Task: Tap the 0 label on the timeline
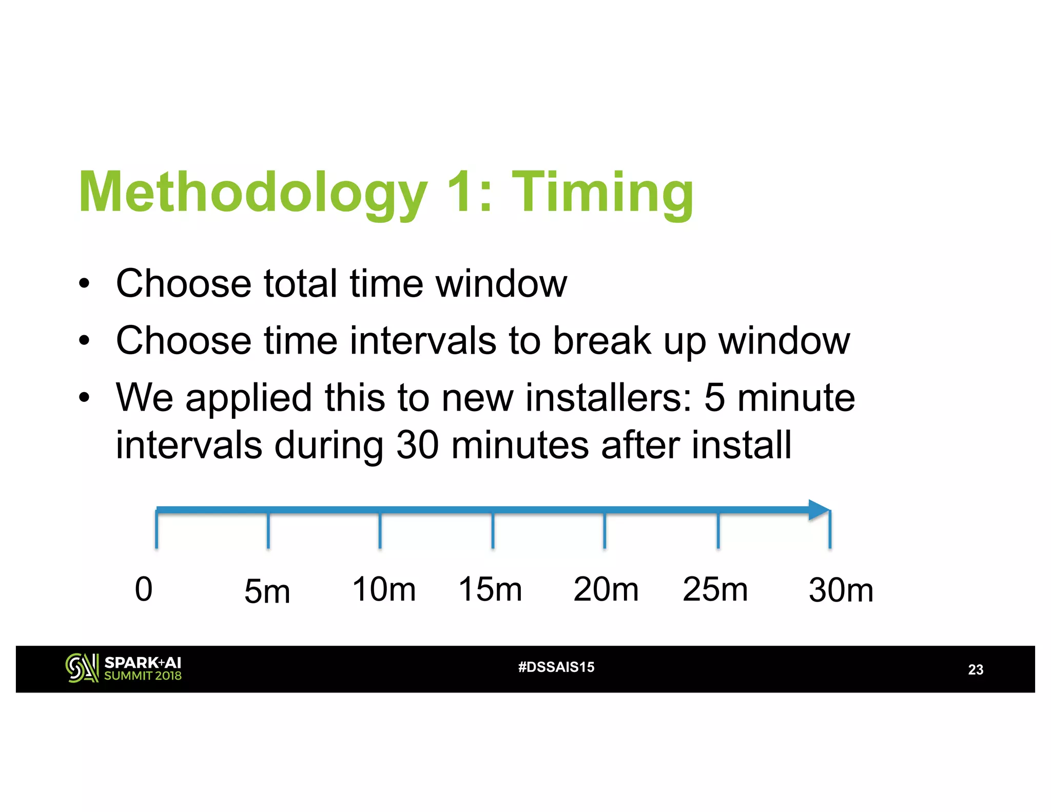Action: (x=144, y=589)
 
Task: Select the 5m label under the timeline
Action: (x=267, y=591)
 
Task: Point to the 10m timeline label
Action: (x=384, y=589)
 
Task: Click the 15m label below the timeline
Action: (x=490, y=589)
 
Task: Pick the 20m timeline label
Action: (x=606, y=589)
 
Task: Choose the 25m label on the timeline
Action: (x=715, y=589)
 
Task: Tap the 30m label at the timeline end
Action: (x=841, y=590)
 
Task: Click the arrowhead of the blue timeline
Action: (x=819, y=510)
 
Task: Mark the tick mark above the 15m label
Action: (x=493, y=530)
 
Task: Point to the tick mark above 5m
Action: (x=268, y=530)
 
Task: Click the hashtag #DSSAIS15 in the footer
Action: (x=556, y=667)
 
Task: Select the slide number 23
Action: (x=976, y=669)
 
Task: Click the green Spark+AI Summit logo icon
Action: (x=82, y=668)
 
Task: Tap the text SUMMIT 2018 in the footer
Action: (x=143, y=676)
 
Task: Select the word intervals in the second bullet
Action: (x=423, y=341)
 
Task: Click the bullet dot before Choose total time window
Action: (x=85, y=283)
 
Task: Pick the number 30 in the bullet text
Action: (x=417, y=444)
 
